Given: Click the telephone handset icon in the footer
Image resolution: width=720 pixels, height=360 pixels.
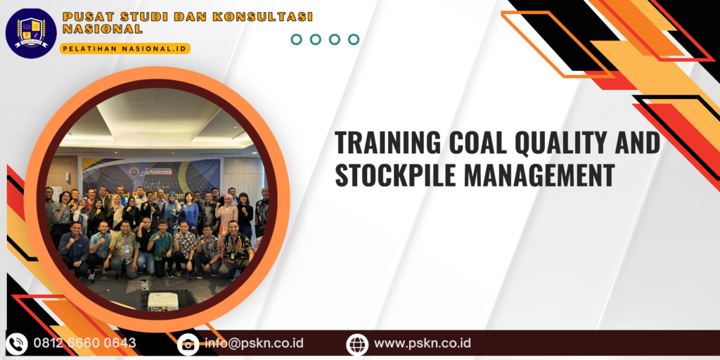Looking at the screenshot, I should (17, 344).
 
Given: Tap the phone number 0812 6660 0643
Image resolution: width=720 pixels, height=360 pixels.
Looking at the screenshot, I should (85, 344).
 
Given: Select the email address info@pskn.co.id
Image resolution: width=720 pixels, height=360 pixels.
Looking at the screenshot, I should (254, 344).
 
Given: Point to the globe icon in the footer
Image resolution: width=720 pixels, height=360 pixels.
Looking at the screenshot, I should (357, 344).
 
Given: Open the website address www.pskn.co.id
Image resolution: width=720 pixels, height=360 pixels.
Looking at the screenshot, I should (423, 344).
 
